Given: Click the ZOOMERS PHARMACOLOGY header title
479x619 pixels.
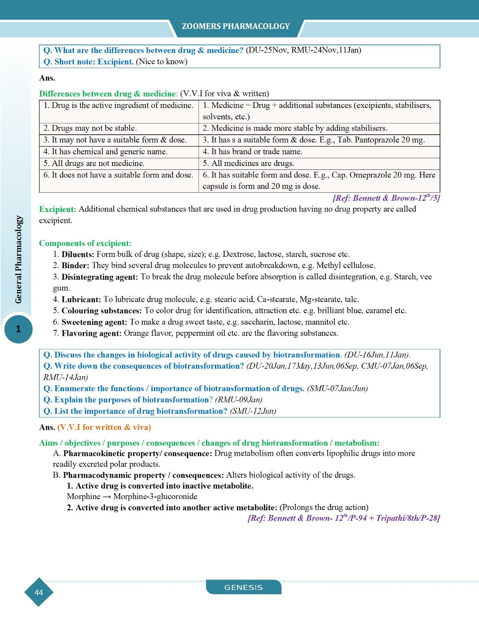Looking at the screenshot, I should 235,26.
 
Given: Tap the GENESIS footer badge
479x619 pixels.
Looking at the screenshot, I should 244,587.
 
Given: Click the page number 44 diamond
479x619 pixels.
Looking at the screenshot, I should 39,592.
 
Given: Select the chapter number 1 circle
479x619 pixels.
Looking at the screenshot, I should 18,329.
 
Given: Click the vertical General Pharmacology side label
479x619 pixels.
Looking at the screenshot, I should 19,260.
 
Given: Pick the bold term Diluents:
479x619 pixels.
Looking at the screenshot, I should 78,255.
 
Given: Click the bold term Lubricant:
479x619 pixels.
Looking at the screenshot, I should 81,299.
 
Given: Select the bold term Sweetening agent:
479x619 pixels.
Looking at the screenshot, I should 94,322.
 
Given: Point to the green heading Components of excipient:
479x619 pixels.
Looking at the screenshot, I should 85,243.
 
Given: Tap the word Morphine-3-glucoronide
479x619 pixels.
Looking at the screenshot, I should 155,497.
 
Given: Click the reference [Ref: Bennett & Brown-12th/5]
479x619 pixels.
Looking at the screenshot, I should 386,198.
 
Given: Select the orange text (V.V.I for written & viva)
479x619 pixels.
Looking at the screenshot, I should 104,427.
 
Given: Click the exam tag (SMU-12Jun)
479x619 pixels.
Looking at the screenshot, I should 253,411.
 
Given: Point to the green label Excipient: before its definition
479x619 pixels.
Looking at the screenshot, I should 58,209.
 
